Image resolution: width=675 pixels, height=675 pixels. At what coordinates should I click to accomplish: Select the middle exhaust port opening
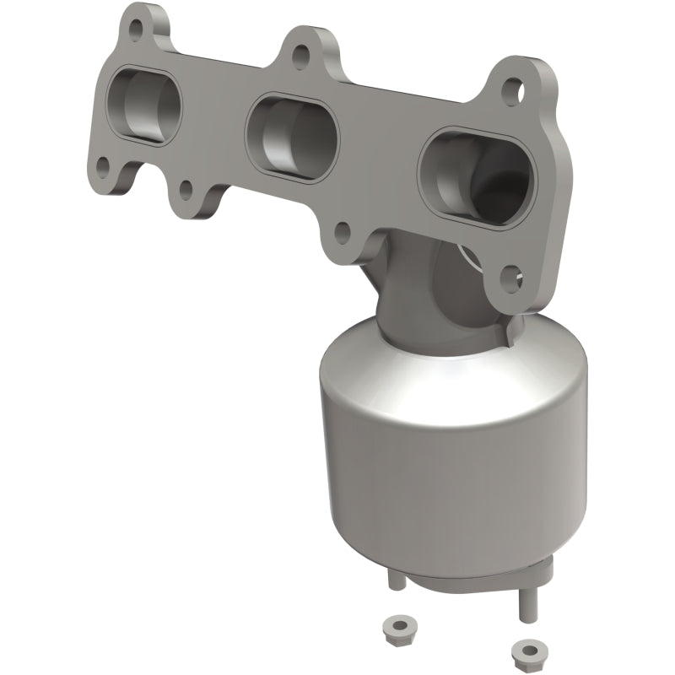[291, 136]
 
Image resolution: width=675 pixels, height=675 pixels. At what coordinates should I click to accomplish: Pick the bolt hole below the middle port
[342, 229]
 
